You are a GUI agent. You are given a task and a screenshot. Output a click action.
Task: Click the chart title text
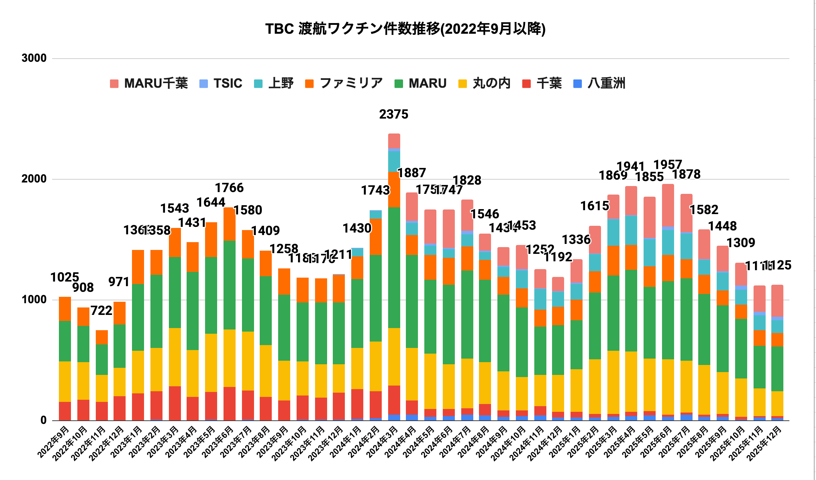pos(405,29)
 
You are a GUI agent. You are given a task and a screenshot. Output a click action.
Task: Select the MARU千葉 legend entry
pos(149,83)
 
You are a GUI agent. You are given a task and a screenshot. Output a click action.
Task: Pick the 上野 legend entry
pos(274,83)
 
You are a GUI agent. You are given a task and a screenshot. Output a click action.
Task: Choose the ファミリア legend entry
pos(344,83)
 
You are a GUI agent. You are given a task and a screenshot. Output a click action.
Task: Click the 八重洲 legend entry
pos(599,83)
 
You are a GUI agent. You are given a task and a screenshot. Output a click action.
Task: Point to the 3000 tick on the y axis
pos(34,58)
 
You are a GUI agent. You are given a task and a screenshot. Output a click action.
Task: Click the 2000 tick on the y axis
pos(34,179)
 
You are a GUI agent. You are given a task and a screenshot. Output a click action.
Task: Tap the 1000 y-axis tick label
pos(34,300)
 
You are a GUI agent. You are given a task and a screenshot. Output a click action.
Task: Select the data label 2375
pos(394,114)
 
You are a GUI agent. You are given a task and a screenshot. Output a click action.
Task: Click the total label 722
pos(101,311)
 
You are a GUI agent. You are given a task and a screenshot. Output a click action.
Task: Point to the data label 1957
pos(668,165)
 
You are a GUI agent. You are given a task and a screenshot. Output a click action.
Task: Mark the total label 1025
pos(65,277)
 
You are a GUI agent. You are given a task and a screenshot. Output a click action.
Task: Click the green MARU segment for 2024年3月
pos(394,267)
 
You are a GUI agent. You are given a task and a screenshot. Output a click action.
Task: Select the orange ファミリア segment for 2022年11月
pos(102,337)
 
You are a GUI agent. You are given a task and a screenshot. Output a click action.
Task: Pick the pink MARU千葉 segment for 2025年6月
pos(668,205)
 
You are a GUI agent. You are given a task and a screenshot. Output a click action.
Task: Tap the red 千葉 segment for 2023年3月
pos(175,403)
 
